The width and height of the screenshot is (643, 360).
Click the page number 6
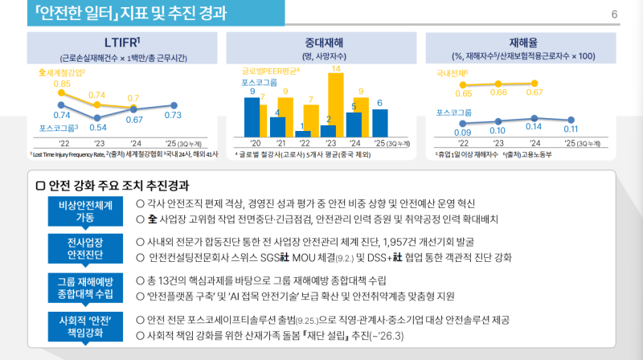click(614, 14)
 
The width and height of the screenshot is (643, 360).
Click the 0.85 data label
click(62, 84)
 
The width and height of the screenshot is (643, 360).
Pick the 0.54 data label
click(98, 126)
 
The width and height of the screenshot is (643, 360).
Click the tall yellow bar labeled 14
click(336, 104)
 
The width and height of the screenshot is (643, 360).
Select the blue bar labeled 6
click(379, 122)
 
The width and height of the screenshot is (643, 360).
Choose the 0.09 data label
click(462, 132)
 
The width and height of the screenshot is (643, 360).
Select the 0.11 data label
click(571, 129)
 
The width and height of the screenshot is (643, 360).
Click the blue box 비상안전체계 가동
click(84, 211)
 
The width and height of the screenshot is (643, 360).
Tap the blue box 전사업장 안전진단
click(84, 248)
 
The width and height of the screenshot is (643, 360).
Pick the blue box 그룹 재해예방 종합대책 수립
click(84, 287)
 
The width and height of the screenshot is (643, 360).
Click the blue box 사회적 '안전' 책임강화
click(84, 325)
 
